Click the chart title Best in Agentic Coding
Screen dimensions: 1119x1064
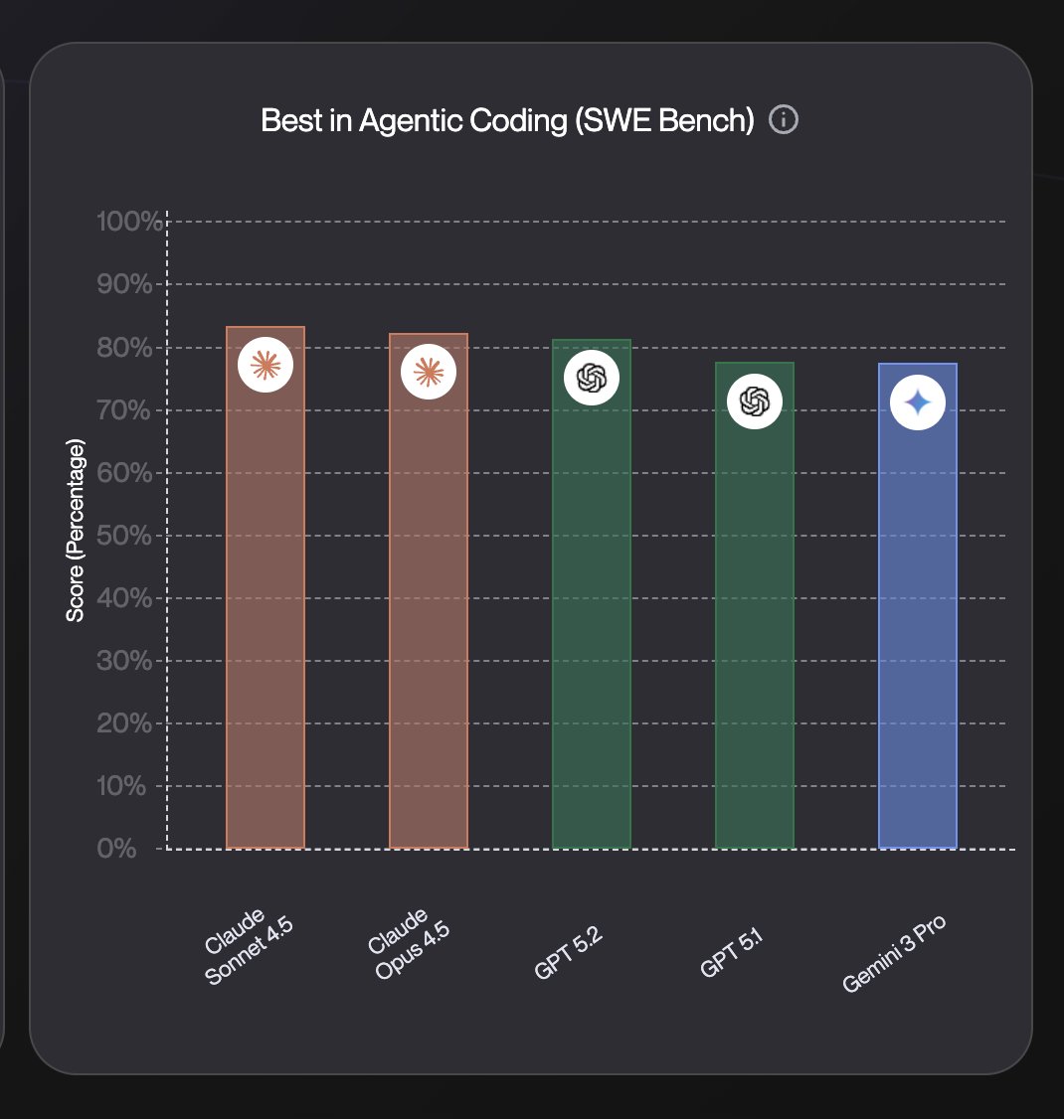[507, 121]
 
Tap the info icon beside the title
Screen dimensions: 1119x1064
[784, 120]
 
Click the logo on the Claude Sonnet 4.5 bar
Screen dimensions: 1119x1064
[266, 366]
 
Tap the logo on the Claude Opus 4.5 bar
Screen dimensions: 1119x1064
[429, 373]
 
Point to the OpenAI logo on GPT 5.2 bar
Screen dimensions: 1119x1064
[592, 378]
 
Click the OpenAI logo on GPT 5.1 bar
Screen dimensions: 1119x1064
[755, 401]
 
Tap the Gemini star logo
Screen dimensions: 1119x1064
[918, 402]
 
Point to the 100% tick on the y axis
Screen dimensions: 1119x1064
[129, 222]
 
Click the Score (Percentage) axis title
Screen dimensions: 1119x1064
[76, 531]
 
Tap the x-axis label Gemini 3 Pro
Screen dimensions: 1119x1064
[893, 954]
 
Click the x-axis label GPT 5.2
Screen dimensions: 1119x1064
[569, 955]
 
